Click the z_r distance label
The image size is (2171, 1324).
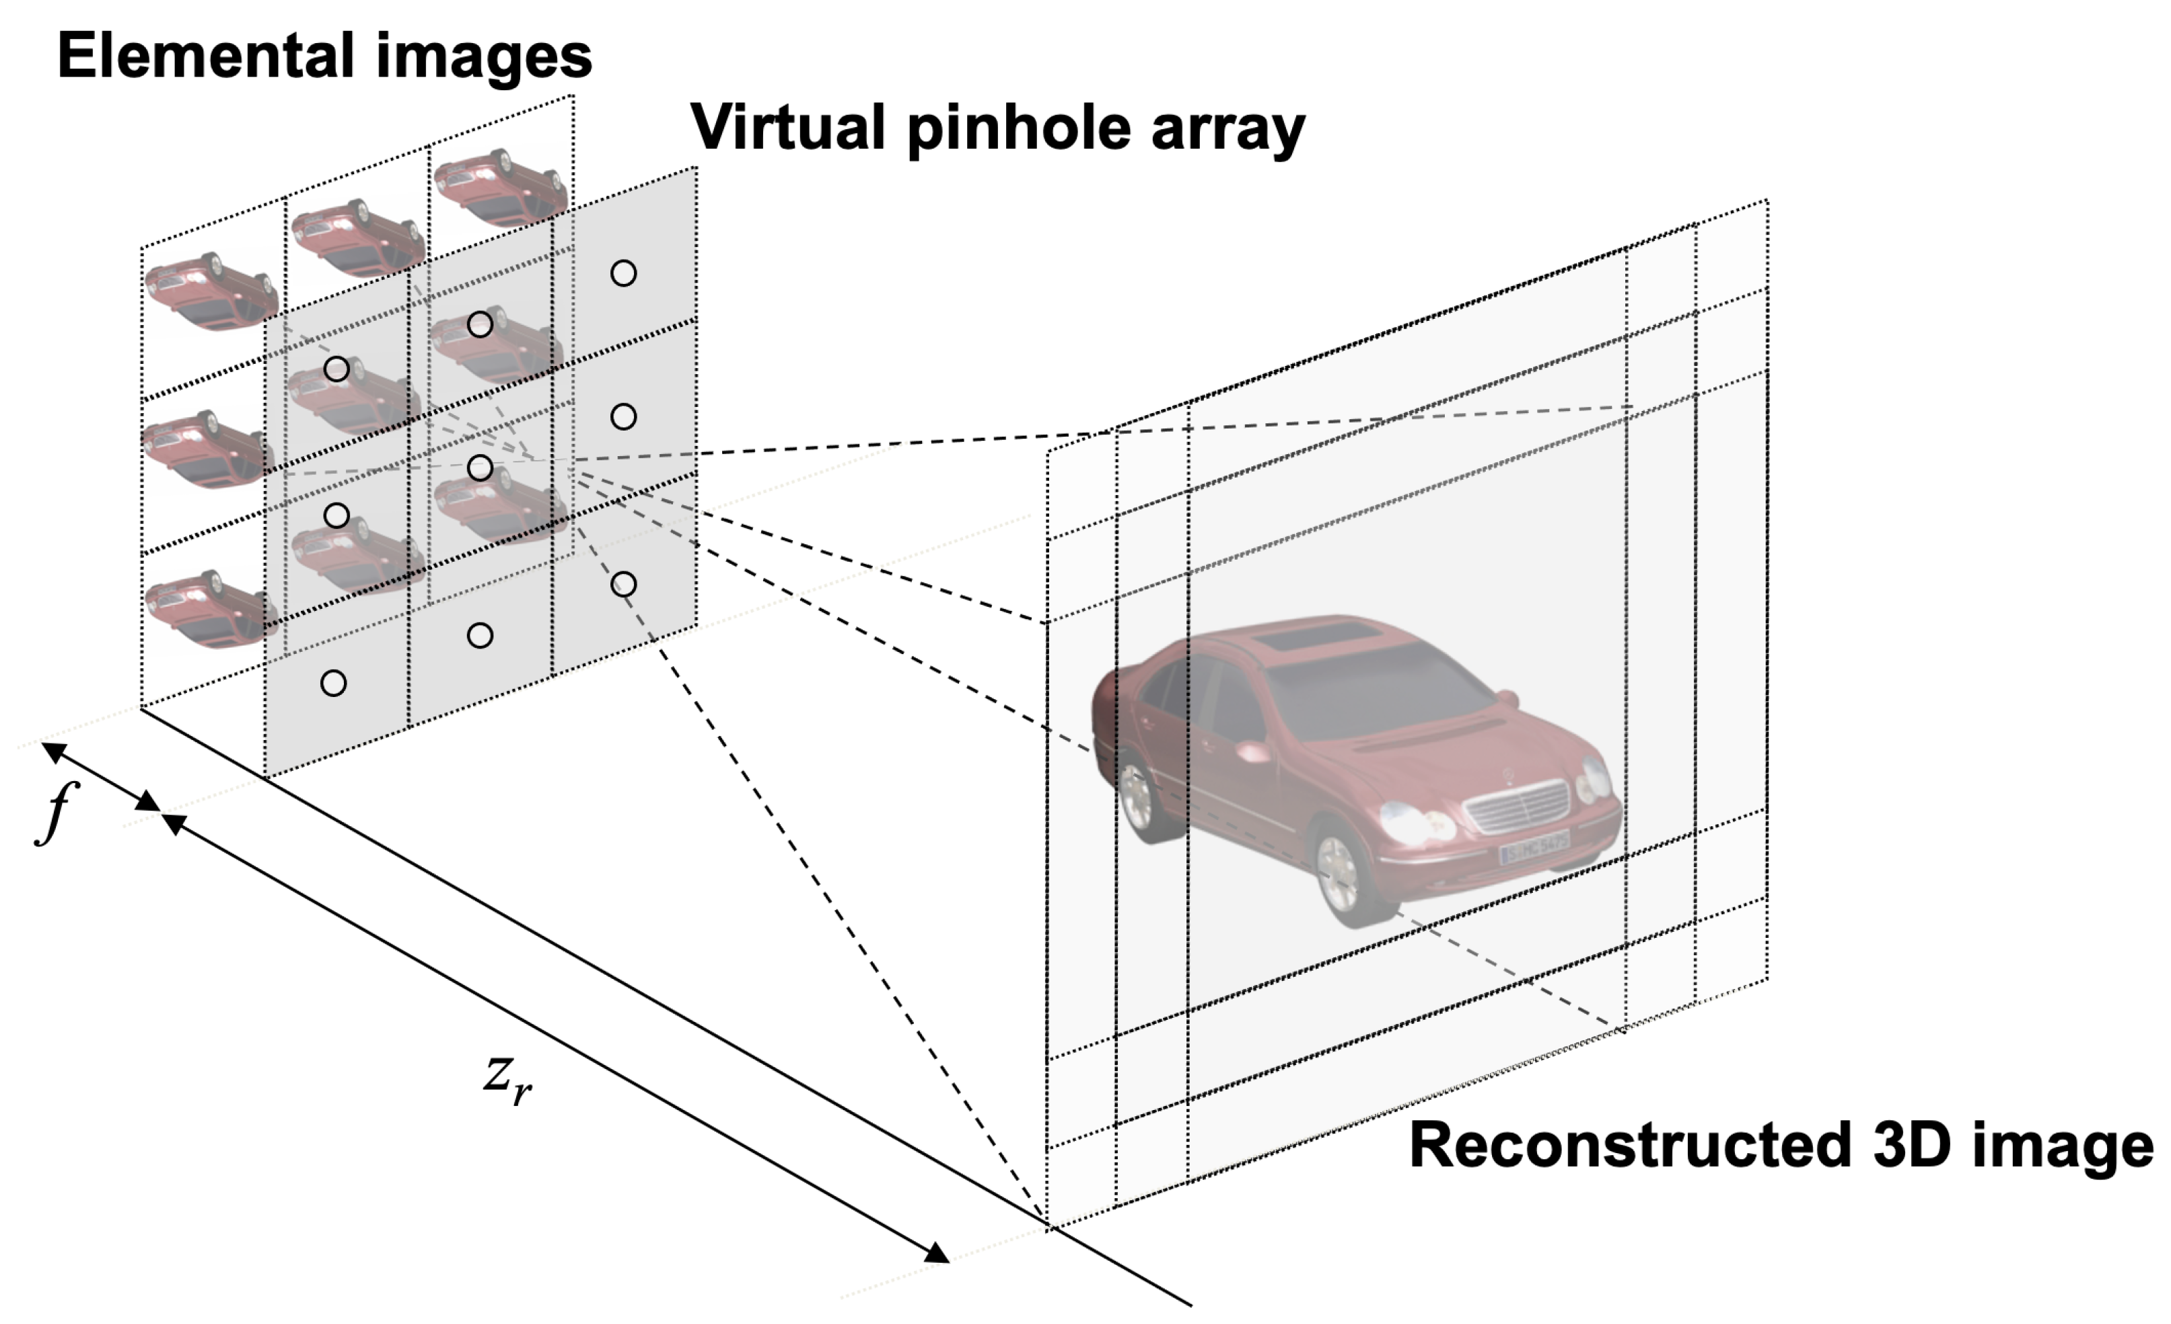[x=507, y=1079]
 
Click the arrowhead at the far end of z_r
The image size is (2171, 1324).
[x=937, y=1253]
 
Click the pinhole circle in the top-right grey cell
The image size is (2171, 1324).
[x=623, y=273]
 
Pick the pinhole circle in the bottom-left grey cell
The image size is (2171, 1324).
[x=333, y=683]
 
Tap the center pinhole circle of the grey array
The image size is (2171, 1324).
[x=479, y=468]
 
